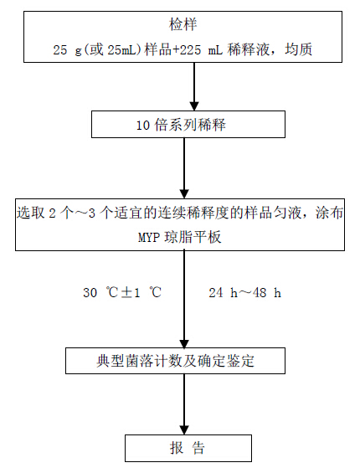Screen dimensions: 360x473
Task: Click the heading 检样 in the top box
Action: (x=183, y=24)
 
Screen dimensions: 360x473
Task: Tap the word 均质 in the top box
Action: (x=298, y=49)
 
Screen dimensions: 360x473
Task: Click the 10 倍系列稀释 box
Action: (x=188, y=124)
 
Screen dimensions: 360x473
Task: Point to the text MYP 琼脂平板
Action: (x=179, y=238)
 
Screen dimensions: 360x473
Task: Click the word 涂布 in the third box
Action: (x=329, y=213)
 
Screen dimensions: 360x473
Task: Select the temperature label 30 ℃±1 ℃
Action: (x=122, y=292)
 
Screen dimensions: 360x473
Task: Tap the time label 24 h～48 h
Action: (x=244, y=293)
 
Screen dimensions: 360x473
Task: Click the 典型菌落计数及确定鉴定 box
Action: (x=175, y=361)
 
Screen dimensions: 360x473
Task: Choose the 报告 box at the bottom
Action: (x=188, y=448)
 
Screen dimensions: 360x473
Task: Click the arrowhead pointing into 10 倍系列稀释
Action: (x=194, y=105)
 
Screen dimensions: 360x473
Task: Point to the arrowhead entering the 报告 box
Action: (x=184, y=429)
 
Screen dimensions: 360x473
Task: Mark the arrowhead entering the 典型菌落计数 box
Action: (x=184, y=343)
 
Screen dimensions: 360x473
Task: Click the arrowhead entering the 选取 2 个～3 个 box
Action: (x=184, y=194)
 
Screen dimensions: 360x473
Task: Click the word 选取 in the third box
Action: (x=30, y=213)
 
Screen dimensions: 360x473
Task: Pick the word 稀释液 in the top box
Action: (x=249, y=49)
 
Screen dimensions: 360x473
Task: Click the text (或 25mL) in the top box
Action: (x=113, y=49)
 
